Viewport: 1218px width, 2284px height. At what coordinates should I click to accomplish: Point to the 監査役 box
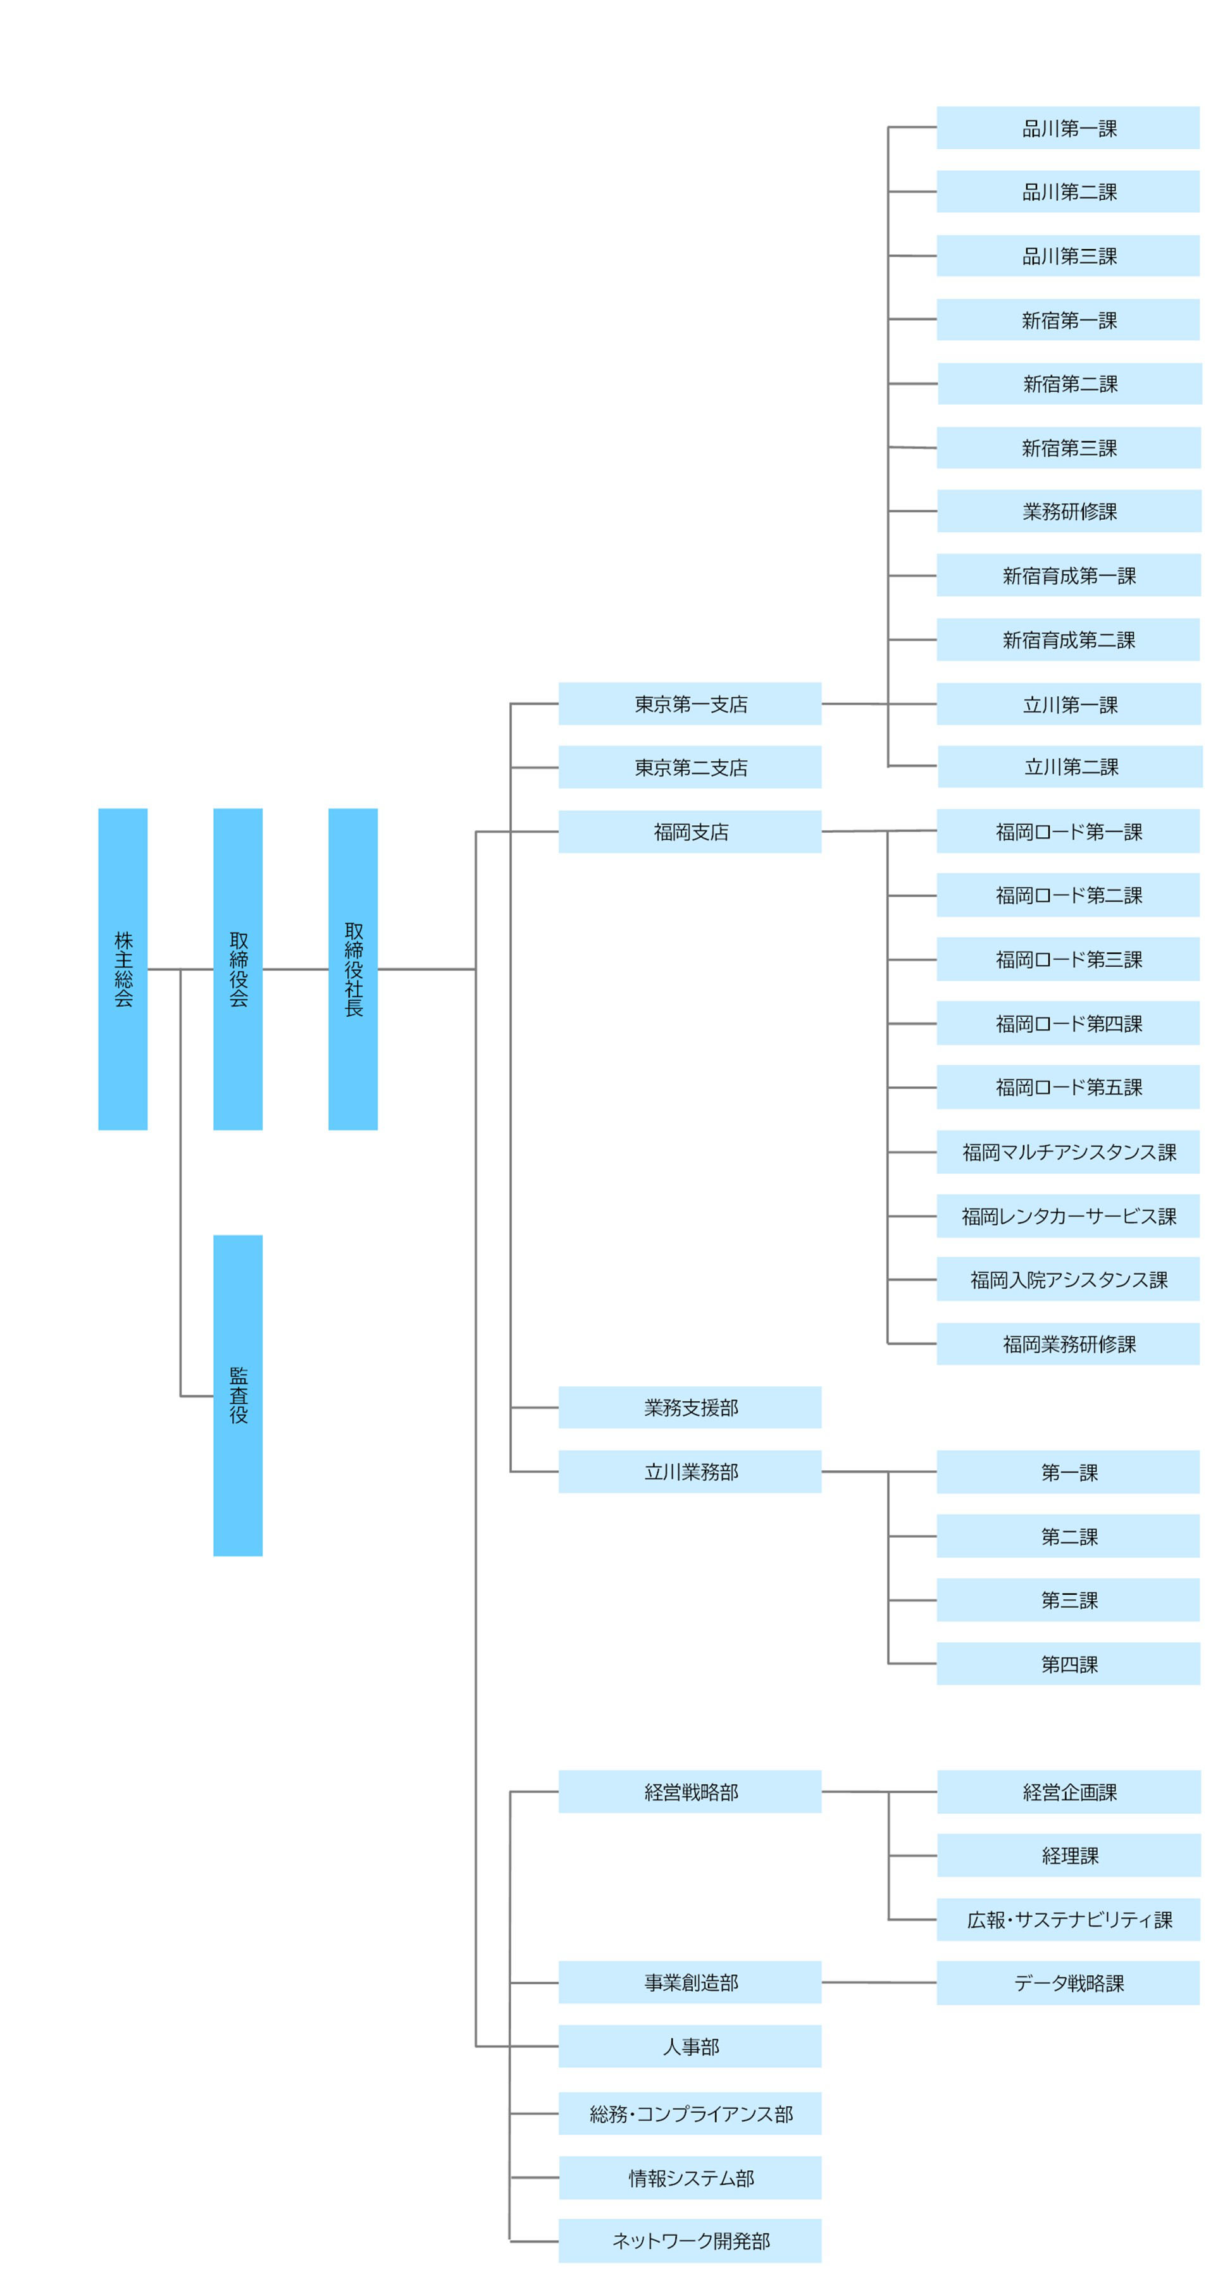click(x=238, y=1395)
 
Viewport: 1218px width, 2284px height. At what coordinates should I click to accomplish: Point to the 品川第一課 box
click(x=1068, y=128)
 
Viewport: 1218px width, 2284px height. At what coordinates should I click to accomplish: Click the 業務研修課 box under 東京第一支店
click(x=1069, y=511)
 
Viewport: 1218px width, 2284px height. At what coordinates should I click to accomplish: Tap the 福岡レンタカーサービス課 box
click(x=1068, y=1215)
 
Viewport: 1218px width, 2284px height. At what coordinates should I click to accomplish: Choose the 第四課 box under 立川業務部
click(x=1068, y=1663)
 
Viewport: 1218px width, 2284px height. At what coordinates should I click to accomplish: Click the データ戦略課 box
click(x=1068, y=1982)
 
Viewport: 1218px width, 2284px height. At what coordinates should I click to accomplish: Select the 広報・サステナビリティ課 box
click(x=1068, y=1919)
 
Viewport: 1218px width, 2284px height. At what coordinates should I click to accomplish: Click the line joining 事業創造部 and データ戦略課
click(x=878, y=1982)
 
